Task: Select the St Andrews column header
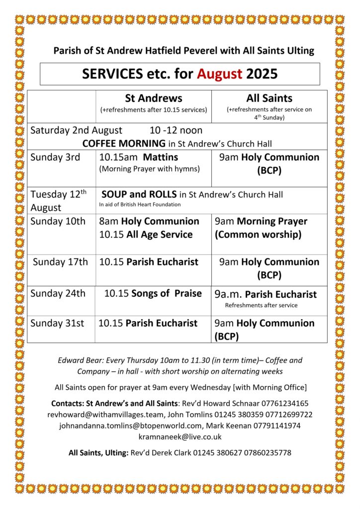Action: pyautogui.click(x=153, y=98)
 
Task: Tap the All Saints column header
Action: pyautogui.click(x=269, y=98)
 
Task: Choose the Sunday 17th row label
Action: pyautogui.click(x=60, y=262)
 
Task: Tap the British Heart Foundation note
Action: pyautogui.click(x=140, y=204)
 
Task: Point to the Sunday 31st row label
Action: pyautogui.click(x=57, y=323)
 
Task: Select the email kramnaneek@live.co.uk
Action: pyautogui.click(x=180, y=436)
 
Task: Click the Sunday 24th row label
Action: pyautogui.click(x=58, y=293)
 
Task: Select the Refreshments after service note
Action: pyautogui.click(x=261, y=305)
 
